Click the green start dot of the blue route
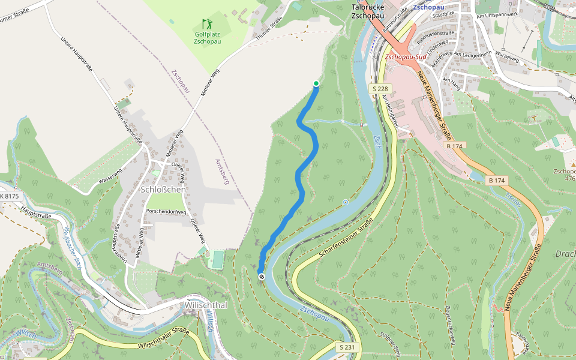(x=316, y=83)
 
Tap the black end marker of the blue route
(x=262, y=276)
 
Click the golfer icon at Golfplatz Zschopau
(x=207, y=25)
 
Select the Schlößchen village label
(x=163, y=190)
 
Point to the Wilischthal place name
(x=206, y=305)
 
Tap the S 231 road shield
(x=347, y=347)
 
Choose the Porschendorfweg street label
(x=166, y=211)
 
